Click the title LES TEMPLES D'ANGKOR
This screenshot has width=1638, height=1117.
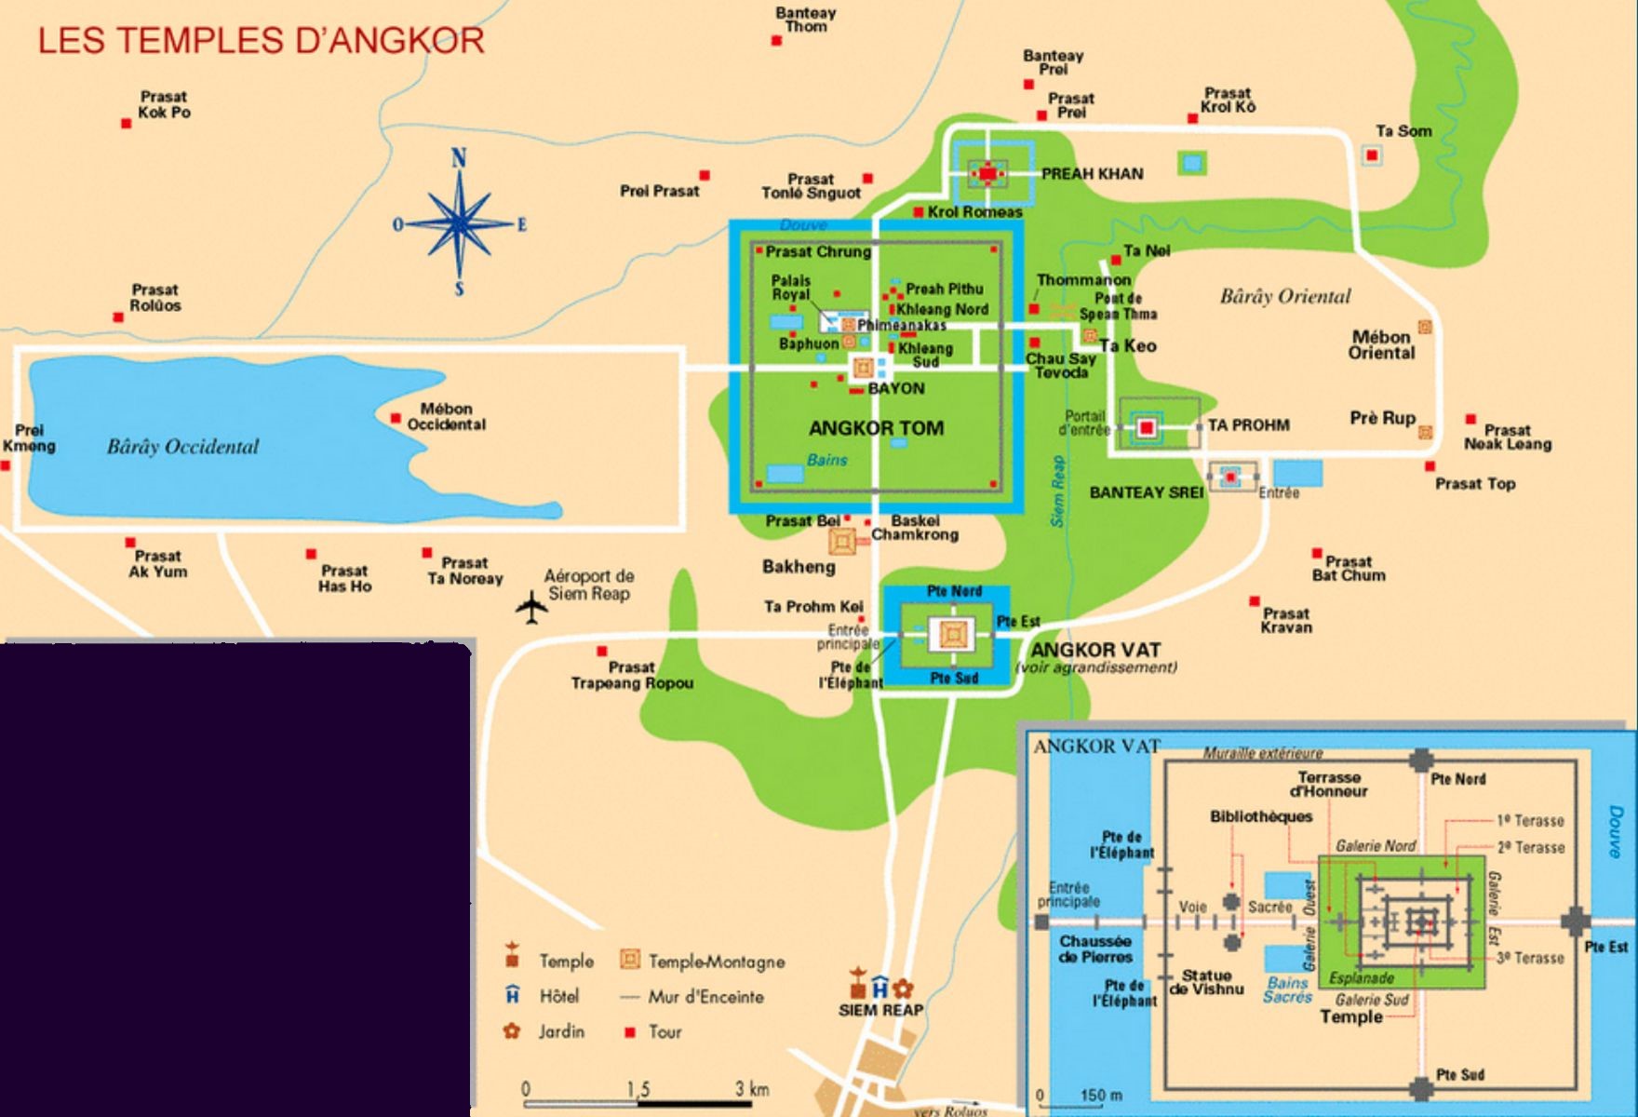[x=261, y=41]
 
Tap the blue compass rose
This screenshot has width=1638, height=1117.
[x=459, y=223]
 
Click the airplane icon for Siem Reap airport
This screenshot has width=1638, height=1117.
[x=531, y=607]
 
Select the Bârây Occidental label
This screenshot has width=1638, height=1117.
[x=182, y=447]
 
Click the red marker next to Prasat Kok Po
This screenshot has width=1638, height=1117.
[x=126, y=123]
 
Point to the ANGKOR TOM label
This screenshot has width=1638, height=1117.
[x=876, y=428]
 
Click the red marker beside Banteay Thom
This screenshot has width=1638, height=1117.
[x=776, y=41]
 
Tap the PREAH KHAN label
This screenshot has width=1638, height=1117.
[x=1092, y=174]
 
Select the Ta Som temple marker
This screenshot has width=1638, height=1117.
[x=1371, y=155]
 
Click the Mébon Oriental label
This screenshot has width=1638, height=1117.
[x=1381, y=345]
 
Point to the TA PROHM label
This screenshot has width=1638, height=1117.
[x=1248, y=425]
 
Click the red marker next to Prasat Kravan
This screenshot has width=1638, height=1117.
[x=1255, y=601]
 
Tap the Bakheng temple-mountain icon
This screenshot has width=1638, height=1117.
[x=842, y=541]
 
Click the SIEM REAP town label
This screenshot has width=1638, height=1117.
[x=880, y=1010]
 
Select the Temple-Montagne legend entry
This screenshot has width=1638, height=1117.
[x=715, y=962]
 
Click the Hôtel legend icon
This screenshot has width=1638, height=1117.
[x=512, y=995]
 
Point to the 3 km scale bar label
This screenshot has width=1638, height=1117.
[x=752, y=1088]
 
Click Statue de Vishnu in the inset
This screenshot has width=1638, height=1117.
[x=1206, y=982]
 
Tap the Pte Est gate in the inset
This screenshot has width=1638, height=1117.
[x=1576, y=922]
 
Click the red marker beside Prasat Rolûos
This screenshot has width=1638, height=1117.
[x=118, y=317]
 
